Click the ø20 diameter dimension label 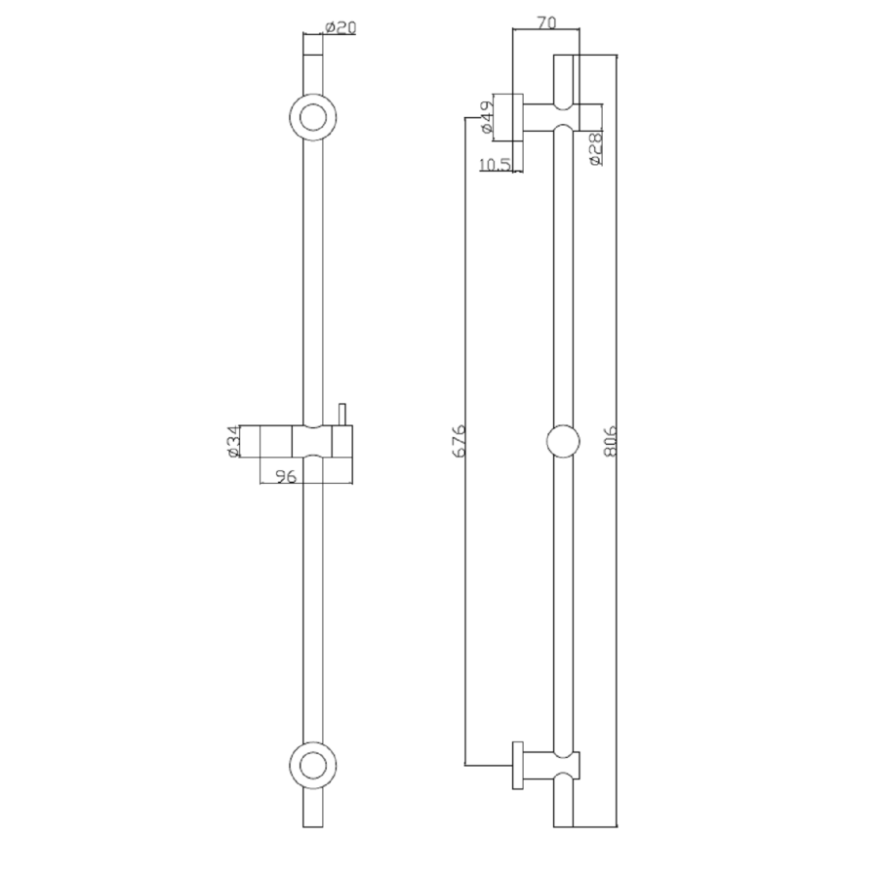pos(339,28)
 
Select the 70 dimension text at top pos(546,21)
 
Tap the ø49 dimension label pos(485,116)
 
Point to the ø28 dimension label pos(596,149)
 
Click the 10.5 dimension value pos(496,165)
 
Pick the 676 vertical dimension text pos(459,442)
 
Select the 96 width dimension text pos(286,477)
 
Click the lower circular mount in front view pos(313,764)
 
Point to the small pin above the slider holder pos(341,415)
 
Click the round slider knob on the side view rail pos(565,442)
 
